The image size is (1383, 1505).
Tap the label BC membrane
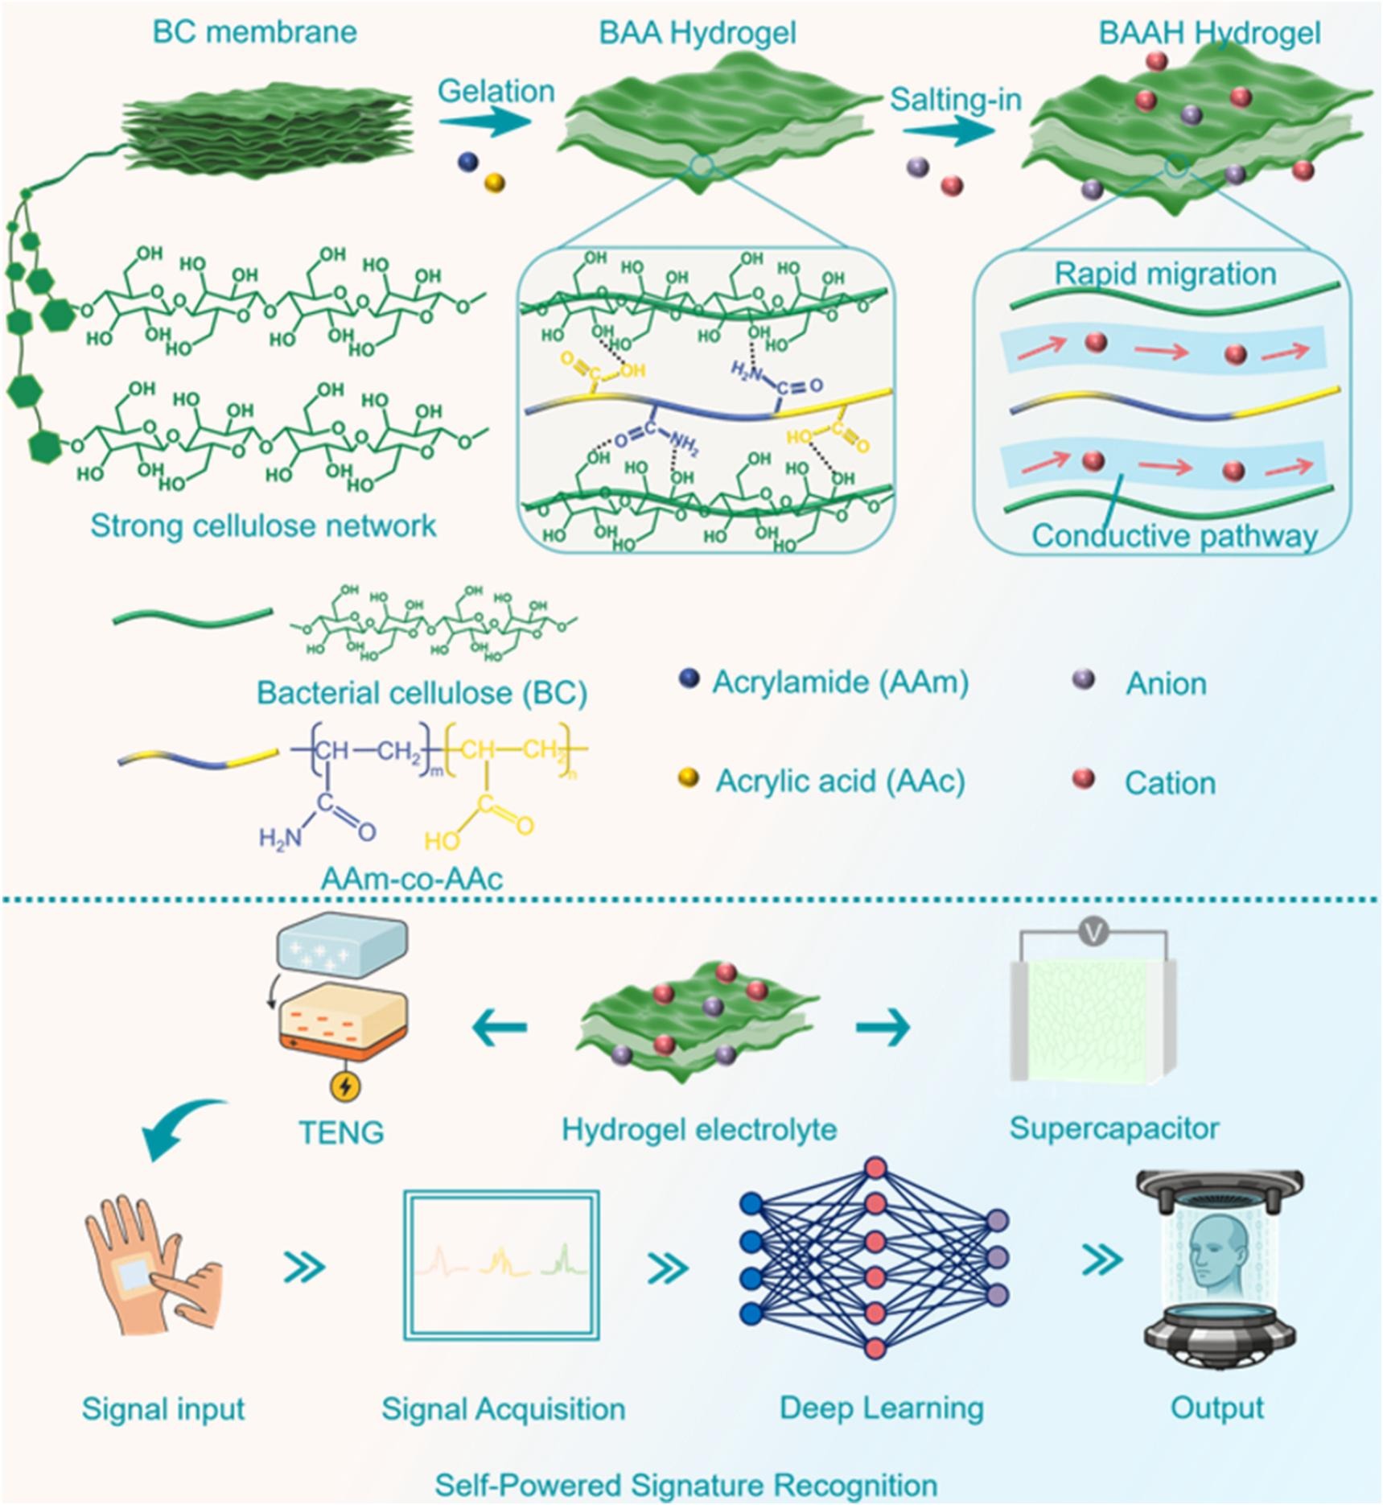pos(254,32)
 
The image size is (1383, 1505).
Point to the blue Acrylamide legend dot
pos(688,680)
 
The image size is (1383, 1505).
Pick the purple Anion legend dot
pos(1084,680)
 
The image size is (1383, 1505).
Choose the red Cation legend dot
pos(1084,778)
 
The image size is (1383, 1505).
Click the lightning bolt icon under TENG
pos(346,1086)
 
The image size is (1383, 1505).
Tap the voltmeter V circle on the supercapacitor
pos(1094,933)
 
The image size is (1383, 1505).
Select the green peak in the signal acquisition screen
pos(565,1261)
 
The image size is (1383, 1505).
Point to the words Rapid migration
pos(1165,274)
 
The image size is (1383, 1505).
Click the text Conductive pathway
pos(1174,536)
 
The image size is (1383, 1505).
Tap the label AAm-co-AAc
pos(411,878)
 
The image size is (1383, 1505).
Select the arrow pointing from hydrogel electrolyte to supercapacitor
pos(883,1027)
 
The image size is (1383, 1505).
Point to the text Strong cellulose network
pos(263,526)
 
